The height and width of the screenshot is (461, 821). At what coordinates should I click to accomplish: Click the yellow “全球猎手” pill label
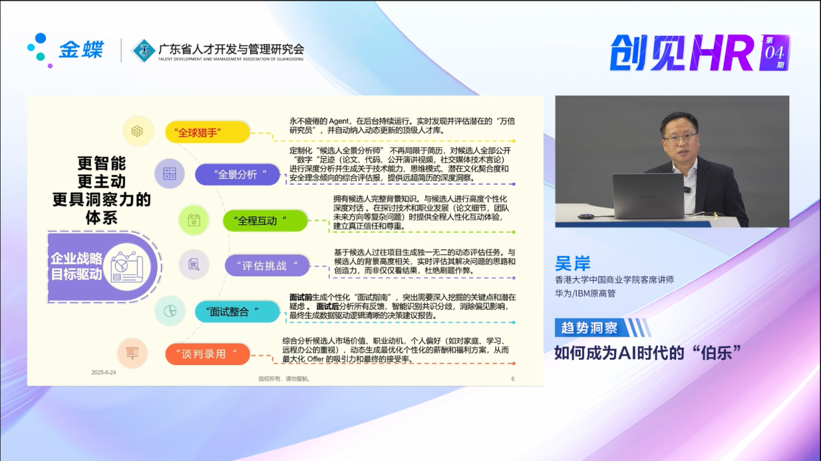(x=208, y=132)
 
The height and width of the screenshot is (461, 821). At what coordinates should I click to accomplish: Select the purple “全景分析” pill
(x=237, y=174)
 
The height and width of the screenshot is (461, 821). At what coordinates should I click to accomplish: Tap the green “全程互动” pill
(x=265, y=221)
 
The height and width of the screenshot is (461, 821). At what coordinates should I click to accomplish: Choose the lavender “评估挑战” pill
(x=267, y=265)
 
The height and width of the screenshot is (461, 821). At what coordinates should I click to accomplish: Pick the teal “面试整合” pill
(x=237, y=312)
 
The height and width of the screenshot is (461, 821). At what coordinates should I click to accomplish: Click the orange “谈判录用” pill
(x=208, y=354)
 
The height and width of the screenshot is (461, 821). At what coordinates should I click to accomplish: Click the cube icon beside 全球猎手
(x=138, y=131)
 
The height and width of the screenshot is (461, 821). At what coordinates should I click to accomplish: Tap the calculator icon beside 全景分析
(x=169, y=174)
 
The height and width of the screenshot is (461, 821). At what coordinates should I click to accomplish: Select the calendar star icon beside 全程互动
(x=193, y=220)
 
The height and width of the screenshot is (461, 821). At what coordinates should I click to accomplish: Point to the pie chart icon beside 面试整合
(x=169, y=311)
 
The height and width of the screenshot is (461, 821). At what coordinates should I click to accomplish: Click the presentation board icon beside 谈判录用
(x=132, y=353)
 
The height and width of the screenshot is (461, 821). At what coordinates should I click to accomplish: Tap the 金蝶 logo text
(x=81, y=49)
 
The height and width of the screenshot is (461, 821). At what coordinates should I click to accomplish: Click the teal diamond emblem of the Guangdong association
(x=143, y=51)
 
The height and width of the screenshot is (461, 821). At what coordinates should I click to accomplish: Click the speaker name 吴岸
(x=573, y=263)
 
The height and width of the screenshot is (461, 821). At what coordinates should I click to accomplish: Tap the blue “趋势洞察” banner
(x=591, y=327)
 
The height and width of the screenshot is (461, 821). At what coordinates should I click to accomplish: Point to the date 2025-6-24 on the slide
(x=104, y=372)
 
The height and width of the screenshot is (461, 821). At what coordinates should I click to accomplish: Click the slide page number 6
(x=513, y=379)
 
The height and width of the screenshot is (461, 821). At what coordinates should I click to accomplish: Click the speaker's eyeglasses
(x=679, y=138)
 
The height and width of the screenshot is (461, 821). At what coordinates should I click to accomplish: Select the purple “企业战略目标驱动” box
(x=104, y=267)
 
